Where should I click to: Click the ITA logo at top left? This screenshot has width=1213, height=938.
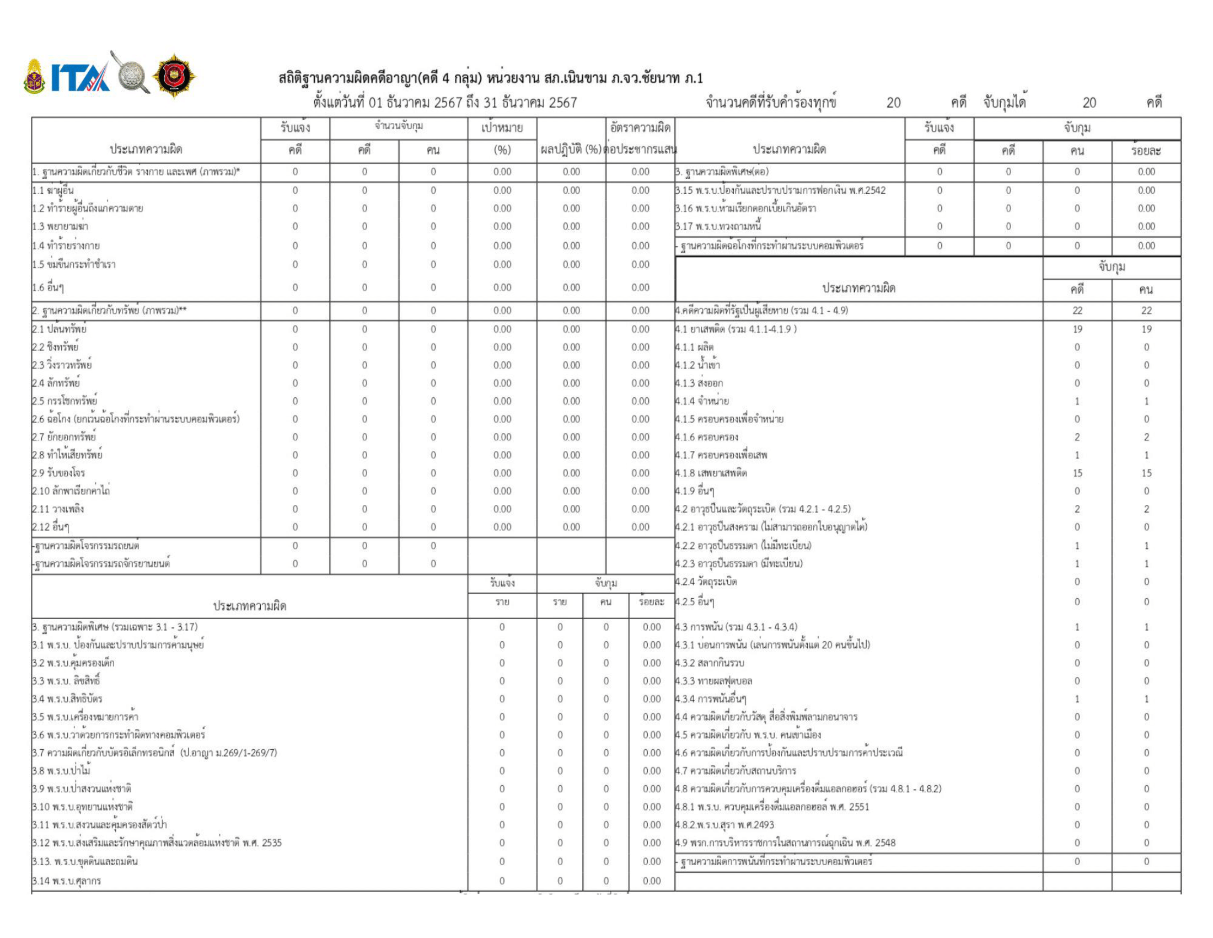(80, 77)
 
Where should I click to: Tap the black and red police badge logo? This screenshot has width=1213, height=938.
(174, 76)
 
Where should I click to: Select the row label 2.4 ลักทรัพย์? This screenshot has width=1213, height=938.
(56, 383)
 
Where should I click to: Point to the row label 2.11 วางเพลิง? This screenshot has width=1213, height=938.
(58, 509)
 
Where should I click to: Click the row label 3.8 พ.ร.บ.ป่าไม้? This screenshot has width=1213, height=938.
(61, 771)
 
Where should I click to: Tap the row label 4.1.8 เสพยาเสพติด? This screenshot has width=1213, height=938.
(711, 473)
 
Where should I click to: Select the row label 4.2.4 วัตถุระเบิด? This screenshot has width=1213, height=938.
(706, 582)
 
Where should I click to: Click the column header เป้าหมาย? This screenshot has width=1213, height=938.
(502, 129)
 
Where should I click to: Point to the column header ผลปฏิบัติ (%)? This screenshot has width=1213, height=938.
(571, 150)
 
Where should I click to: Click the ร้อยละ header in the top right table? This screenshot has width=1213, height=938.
(1146, 151)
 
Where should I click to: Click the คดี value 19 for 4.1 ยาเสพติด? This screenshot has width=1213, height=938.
(1077, 329)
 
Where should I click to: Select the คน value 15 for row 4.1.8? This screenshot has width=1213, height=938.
(1146, 473)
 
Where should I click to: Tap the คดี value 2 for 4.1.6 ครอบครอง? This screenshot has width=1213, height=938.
(1077, 438)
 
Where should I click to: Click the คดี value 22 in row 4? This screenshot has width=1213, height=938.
(1077, 311)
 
